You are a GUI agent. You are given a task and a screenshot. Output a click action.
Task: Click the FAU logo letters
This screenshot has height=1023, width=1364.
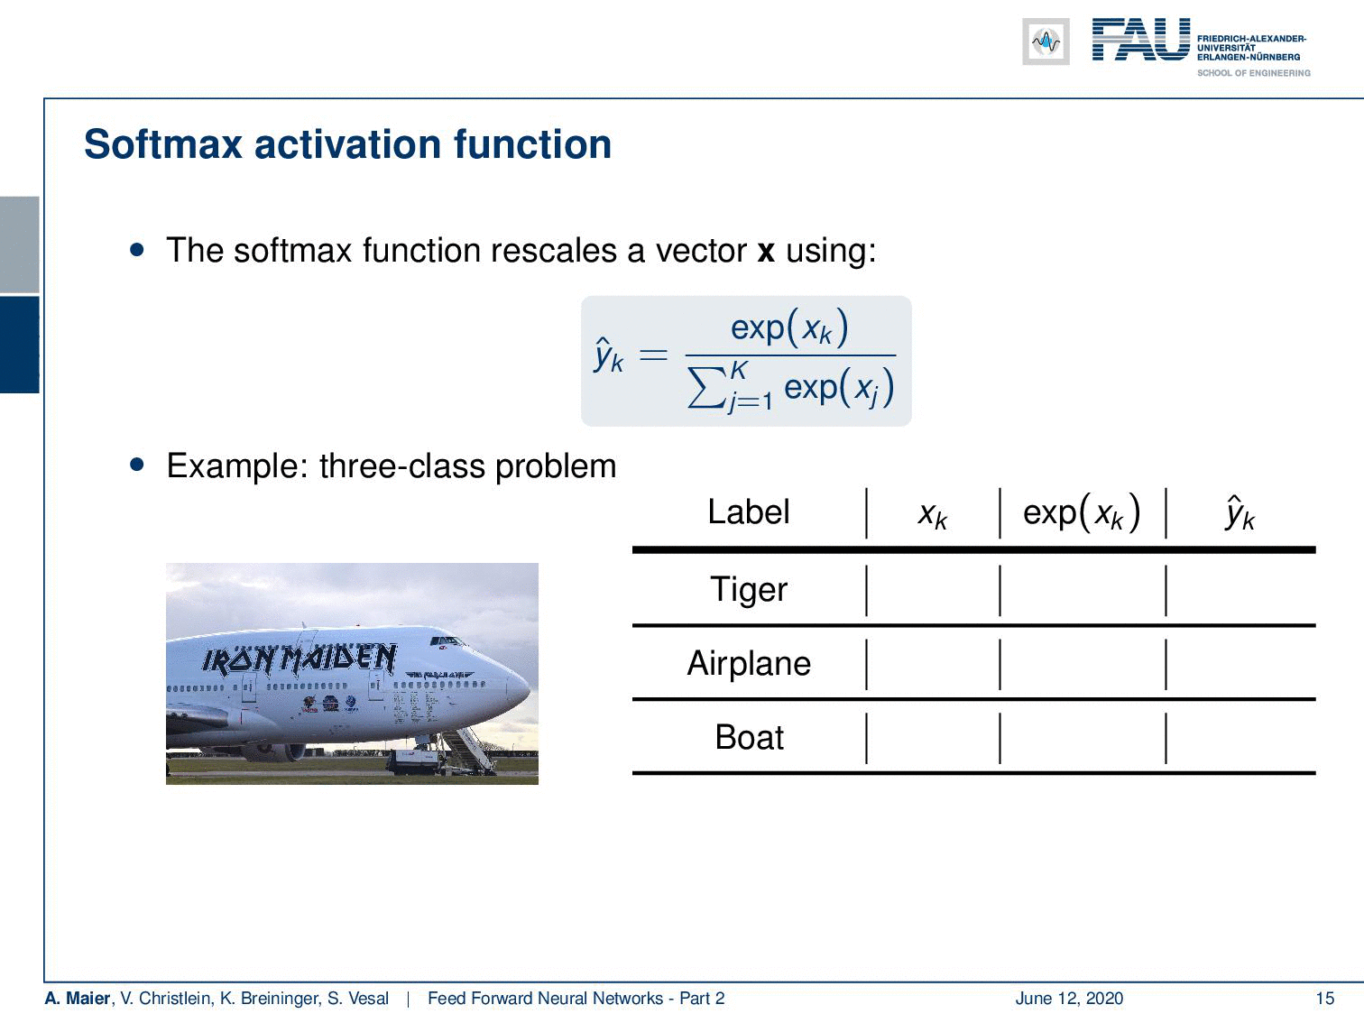(1141, 40)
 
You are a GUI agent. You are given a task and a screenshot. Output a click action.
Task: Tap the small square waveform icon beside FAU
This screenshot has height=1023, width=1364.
(1046, 41)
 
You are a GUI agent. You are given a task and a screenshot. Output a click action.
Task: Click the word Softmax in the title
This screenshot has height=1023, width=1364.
(162, 144)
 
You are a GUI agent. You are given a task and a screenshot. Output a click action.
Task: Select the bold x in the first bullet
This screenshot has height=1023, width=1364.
(766, 251)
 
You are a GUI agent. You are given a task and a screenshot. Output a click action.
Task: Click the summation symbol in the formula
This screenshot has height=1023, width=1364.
(708, 388)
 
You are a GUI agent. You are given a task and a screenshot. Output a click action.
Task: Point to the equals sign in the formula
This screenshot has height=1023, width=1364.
(653, 355)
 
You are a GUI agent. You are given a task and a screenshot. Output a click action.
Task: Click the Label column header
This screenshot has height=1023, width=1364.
(748, 511)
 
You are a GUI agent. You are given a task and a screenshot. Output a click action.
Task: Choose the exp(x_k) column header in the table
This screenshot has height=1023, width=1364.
(1082, 513)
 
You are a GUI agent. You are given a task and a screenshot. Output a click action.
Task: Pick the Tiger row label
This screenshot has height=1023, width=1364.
(748, 589)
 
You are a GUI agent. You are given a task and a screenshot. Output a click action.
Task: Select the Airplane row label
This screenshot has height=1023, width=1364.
(749, 663)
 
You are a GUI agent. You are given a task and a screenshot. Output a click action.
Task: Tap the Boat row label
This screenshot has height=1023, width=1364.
(749, 737)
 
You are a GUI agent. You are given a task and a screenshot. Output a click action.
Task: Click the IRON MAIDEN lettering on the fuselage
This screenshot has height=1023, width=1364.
(300, 659)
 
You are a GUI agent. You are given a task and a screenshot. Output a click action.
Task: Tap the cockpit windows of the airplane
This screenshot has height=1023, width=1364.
(447, 641)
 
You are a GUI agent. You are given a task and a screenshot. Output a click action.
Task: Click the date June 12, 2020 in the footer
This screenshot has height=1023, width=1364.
(1069, 998)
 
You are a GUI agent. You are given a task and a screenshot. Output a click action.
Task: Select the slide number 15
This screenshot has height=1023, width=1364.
(1324, 998)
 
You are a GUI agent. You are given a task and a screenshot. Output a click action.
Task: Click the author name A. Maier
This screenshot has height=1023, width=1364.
(77, 998)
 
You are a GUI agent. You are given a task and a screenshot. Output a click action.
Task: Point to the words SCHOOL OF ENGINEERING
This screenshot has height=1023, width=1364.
(1253, 73)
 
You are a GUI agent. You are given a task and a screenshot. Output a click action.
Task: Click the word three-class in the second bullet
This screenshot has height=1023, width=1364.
(402, 466)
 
